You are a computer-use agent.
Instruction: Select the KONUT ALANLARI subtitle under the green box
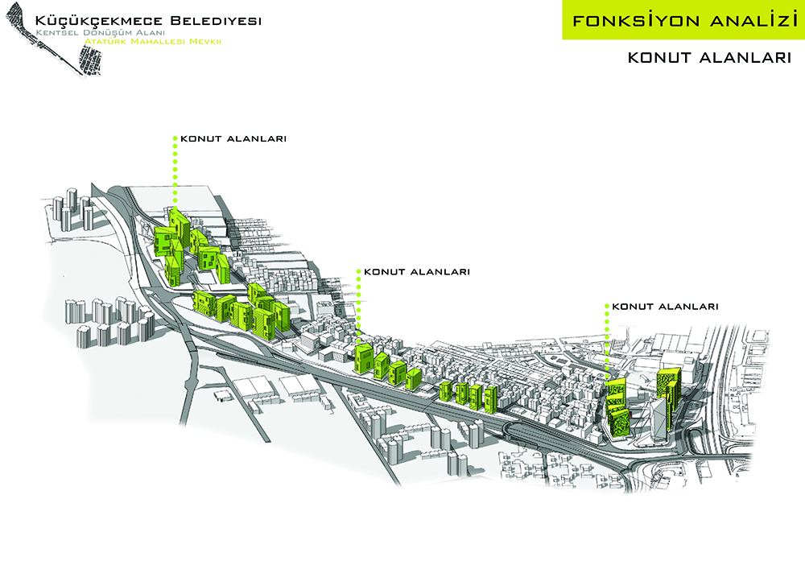pos(707,58)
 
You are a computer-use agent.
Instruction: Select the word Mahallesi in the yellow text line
pos(160,40)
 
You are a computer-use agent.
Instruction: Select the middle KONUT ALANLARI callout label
pos(417,272)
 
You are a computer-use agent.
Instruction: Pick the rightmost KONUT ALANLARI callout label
pos(665,307)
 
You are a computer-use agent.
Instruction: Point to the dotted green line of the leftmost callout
pos(175,173)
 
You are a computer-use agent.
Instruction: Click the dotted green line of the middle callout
pos(358,306)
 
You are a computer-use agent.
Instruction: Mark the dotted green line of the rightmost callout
pos(606,342)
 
